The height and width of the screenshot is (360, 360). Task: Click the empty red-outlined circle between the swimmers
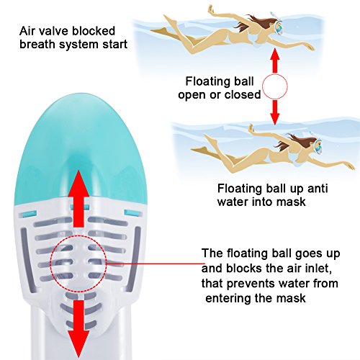coord(275,86)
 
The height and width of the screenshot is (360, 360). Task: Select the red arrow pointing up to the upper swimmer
coord(275,60)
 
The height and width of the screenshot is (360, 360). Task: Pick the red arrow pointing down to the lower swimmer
coord(275,112)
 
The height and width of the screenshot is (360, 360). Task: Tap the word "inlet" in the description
coord(318,269)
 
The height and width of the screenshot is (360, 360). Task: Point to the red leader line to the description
coord(154,264)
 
